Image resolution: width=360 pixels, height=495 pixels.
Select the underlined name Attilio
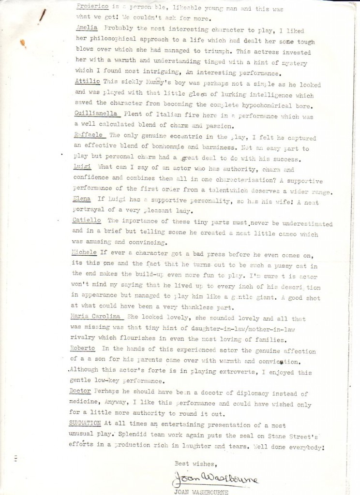[87, 83]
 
